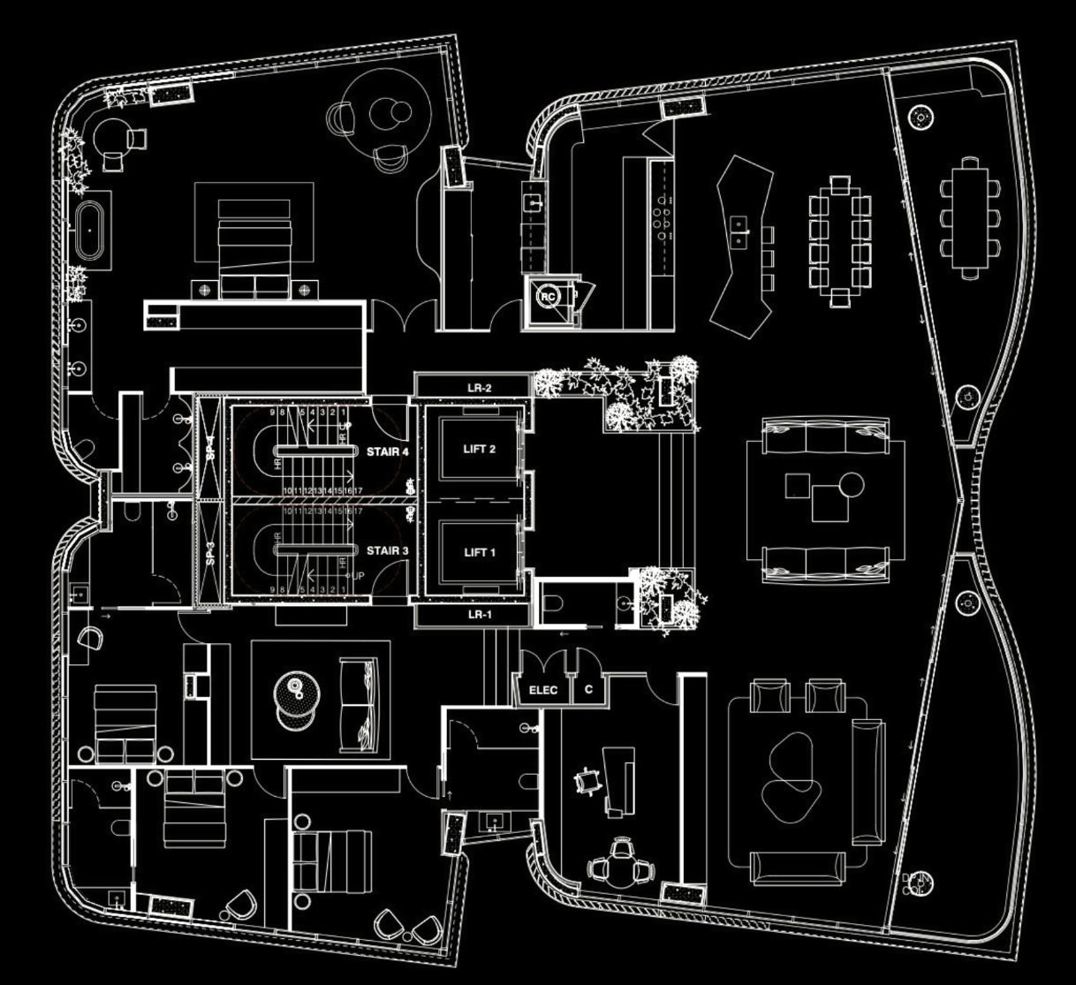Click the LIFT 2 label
479,449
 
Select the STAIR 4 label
388,451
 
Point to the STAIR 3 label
388,551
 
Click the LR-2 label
479,388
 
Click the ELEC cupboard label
542,690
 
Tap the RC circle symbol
548,297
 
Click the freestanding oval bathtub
89,231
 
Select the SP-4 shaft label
210,447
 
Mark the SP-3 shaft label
210,553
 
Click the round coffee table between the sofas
851,483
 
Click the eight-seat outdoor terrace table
969,216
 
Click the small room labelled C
588,690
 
